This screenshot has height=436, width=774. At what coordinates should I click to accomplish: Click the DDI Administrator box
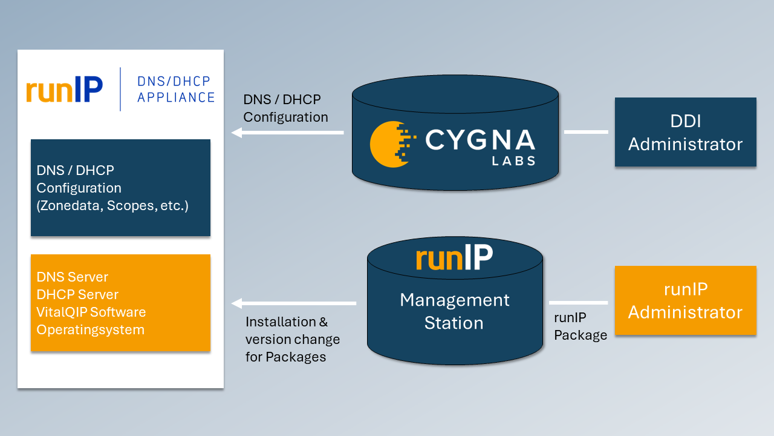coord(685,132)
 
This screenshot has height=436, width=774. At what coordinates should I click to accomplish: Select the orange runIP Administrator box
coord(685,300)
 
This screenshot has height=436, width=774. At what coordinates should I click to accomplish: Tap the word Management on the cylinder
coord(455,300)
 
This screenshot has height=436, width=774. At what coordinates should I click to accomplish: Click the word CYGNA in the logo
coord(480,140)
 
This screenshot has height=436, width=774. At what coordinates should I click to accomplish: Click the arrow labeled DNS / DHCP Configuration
coord(288,132)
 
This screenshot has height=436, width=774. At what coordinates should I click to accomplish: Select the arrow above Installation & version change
coord(294,303)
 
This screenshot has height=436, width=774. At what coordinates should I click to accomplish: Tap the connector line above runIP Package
coord(578,303)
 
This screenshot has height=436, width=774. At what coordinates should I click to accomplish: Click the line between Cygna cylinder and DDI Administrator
coord(586,131)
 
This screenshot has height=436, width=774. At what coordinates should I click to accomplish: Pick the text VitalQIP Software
coord(91,312)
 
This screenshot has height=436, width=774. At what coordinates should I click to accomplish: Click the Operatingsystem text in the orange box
coord(90,330)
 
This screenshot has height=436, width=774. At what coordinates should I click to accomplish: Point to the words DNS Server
coord(73,277)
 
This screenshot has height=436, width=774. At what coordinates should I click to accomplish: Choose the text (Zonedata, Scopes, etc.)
coord(112,206)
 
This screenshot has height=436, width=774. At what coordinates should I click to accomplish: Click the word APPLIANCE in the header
coord(176,97)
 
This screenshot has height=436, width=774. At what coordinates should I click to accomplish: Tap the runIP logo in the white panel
coord(64,90)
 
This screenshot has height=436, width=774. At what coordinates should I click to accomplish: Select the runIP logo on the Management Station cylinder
coord(454,258)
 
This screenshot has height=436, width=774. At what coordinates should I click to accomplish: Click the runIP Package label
coord(580,326)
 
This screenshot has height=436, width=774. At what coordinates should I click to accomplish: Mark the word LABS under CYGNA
coord(514,161)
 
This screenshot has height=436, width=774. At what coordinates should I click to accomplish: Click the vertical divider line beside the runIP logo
coord(120,89)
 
